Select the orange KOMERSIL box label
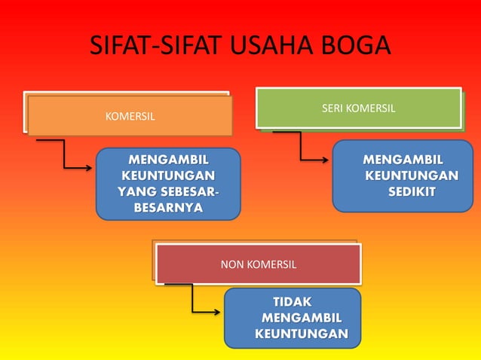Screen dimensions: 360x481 pyautogui.click(x=130, y=117)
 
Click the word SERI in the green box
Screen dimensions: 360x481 pyautogui.click(x=334, y=109)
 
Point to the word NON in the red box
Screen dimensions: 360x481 pyautogui.click(x=231, y=265)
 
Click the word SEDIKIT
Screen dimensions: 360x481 pyautogui.click(x=412, y=192)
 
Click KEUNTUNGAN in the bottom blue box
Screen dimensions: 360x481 pyautogui.click(x=302, y=334)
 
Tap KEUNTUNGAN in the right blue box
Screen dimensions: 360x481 pyautogui.click(x=412, y=175)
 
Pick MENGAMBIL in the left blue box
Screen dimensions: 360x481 pyautogui.click(x=168, y=160)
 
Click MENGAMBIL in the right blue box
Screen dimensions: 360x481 pyautogui.click(x=403, y=160)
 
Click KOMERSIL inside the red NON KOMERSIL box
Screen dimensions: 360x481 pyautogui.click(x=271, y=265)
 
